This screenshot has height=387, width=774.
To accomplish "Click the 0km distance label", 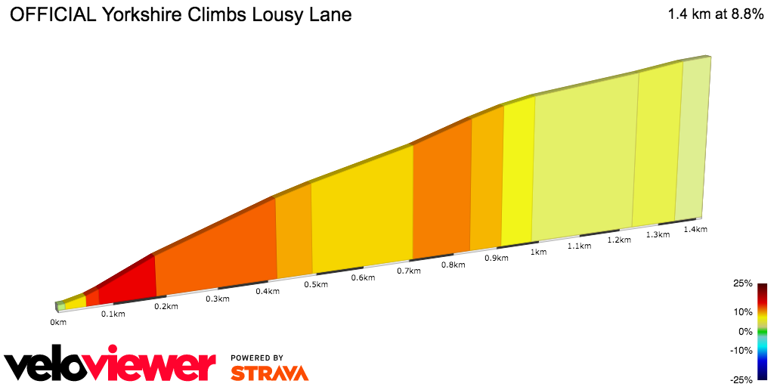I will click(x=58, y=322).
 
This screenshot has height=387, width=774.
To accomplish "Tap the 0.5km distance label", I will click(x=316, y=284).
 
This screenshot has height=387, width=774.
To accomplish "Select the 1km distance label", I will click(x=538, y=252).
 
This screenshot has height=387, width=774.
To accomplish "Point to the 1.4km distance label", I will click(x=695, y=229).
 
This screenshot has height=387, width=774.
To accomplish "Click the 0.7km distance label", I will click(x=408, y=271).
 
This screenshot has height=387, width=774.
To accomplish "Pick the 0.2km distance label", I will click(x=166, y=306).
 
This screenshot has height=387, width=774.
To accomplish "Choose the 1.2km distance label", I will click(x=619, y=240).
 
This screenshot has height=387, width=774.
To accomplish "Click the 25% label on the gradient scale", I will click(x=743, y=283).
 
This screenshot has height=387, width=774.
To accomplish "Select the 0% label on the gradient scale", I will click(x=745, y=331).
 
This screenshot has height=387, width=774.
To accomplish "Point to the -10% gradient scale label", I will click(x=741, y=350).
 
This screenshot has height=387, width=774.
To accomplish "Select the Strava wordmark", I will click(x=269, y=373).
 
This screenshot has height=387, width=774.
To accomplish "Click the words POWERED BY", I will click(x=257, y=358).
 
